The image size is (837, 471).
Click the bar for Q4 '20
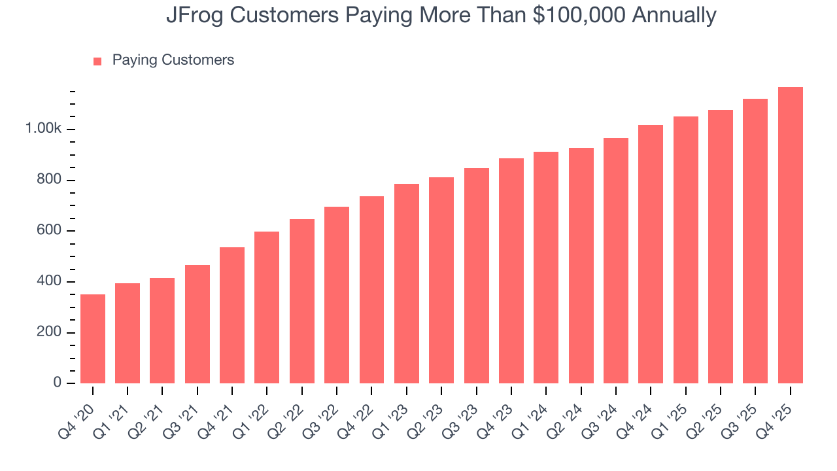click(x=93, y=339)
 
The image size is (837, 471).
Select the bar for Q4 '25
click(x=790, y=235)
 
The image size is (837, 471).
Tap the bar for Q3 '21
click(x=197, y=324)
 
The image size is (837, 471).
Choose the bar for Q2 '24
click(x=581, y=266)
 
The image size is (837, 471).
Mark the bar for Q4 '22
click(x=371, y=290)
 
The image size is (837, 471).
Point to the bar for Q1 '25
click(x=685, y=250)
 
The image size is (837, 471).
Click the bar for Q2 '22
click(x=302, y=301)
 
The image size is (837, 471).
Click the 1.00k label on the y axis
click(x=43, y=130)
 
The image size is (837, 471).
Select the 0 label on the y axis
click(x=58, y=383)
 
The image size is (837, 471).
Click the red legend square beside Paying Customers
click(x=97, y=61)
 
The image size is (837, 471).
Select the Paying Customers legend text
click(x=173, y=60)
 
